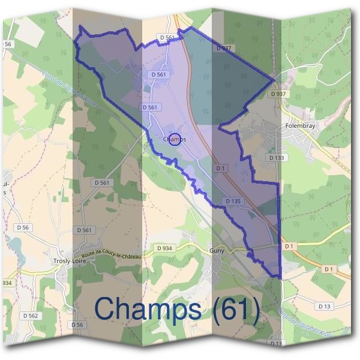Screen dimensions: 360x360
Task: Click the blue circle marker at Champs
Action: click(175, 139)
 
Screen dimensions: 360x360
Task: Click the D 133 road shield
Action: click(276, 157)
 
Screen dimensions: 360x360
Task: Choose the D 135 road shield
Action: click(233, 200)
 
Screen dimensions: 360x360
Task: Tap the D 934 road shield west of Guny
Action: click(164, 248)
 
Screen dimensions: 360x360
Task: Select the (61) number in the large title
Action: click(234, 309)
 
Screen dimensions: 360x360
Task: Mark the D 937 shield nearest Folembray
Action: click(278, 94)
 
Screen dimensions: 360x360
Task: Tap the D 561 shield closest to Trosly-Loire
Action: click(85, 230)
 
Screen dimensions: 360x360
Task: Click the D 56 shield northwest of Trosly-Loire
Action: click(23, 227)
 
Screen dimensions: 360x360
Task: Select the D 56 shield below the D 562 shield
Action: click(76, 325)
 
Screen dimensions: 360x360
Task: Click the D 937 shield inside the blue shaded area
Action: click(223, 47)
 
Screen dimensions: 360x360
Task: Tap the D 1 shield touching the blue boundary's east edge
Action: click(290, 246)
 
